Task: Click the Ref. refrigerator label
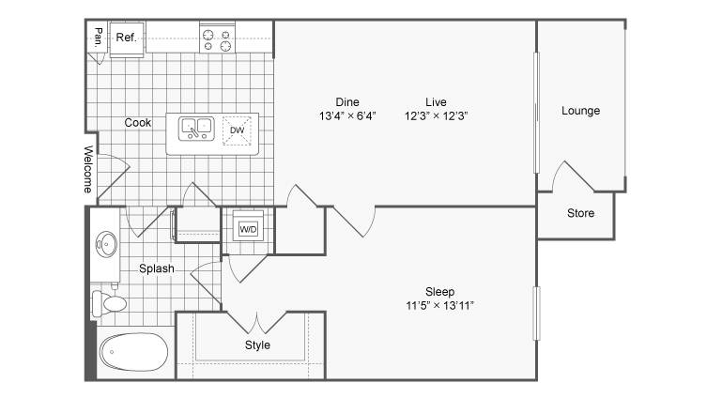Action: [126, 38]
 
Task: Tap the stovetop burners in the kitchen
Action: [217, 39]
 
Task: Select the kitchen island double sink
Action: [196, 129]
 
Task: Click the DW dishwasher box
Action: [237, 130]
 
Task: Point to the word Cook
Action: [137, 123]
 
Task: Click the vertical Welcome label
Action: [88, 169]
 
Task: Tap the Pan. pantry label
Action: [98, 38]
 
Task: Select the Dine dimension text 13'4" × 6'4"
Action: [347, 115]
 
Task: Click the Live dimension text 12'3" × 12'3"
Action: [436, 115]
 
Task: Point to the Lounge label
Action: [581, 111]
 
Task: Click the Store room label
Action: [581, 213]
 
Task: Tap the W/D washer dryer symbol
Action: [248, 229]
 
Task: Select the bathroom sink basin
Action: [106, 244]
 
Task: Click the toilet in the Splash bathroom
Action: [109, 303]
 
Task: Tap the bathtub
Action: [134, 352]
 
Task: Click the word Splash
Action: [157, 268]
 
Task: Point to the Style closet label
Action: [257, 345]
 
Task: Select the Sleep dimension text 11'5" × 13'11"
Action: [439, 306]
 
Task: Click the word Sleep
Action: [439, 292]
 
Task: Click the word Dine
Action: [347, 102]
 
